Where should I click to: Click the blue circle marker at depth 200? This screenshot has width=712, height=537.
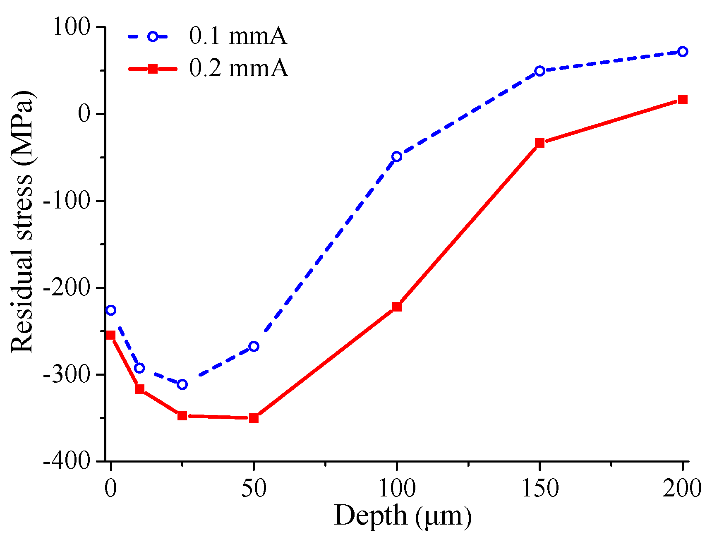[x=683, y=52]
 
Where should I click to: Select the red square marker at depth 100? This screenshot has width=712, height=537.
[x=397, y=307]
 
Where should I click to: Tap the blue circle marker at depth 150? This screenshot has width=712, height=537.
[x=539, y=71]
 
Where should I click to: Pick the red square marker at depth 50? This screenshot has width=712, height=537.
[x=254, y=418]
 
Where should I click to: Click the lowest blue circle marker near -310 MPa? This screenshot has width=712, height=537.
[x=182, y=384]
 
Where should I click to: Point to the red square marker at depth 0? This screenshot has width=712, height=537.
[x=110, y=335]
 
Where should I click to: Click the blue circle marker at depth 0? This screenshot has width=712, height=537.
[x=110, y=310]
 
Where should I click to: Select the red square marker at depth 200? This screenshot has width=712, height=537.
[x=683, y=99]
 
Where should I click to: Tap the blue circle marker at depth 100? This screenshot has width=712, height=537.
[x=397, y=156]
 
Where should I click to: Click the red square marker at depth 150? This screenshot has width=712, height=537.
[x=539, y=143]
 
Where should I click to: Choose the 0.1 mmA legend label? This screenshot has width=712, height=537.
[x=238, y=36]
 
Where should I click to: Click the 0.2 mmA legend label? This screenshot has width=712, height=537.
[x=238, y=69]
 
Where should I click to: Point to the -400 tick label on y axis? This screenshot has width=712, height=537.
[x=66, y=461]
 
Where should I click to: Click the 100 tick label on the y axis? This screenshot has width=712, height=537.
[x=71, y=27]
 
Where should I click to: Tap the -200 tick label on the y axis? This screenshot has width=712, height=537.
[x=66, y=288]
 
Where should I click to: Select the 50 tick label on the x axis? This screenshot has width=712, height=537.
[x=254, y=488]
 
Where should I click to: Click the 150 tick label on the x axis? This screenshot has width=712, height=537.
[x=539, y=488]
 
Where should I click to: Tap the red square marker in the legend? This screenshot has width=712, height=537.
[x=153, y=69]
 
